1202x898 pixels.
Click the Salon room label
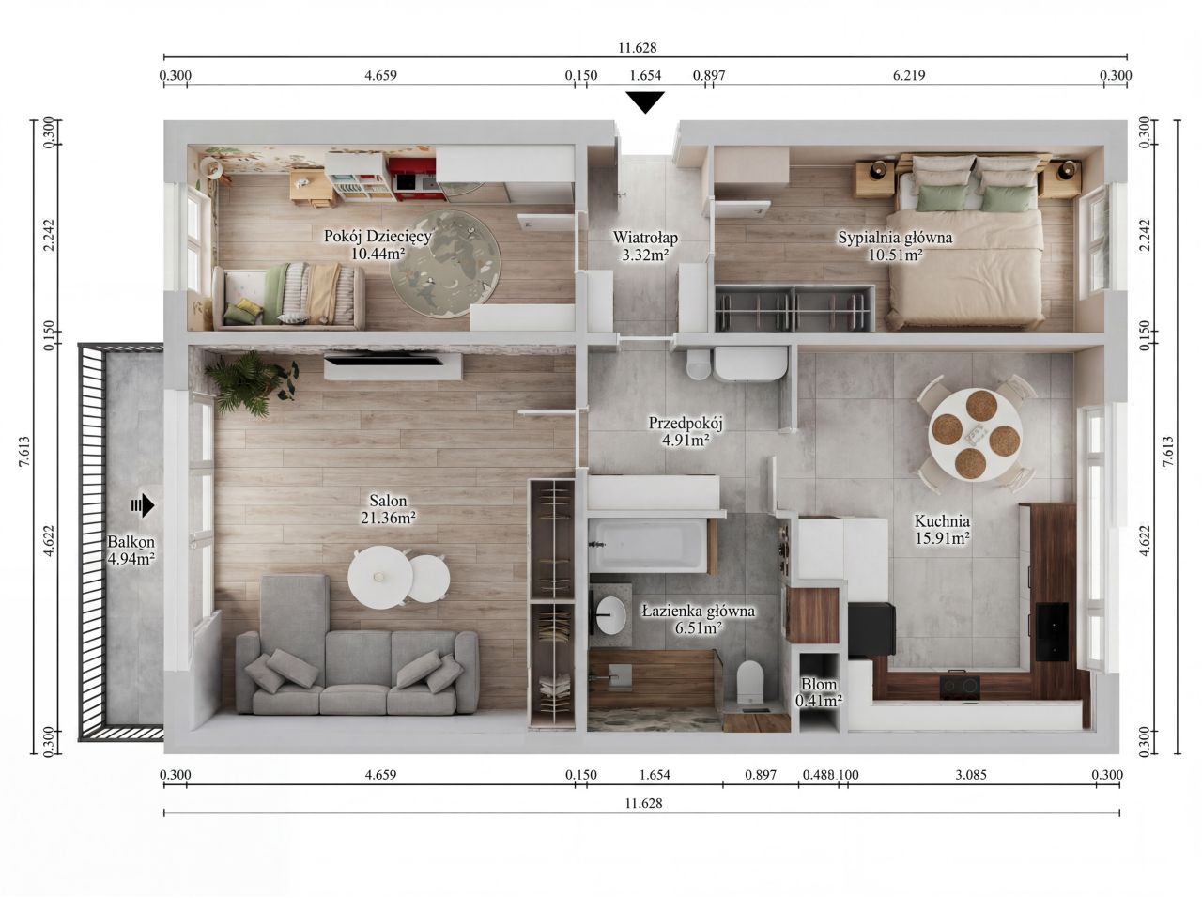point(388,509)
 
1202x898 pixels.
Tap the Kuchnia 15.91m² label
point(943,530)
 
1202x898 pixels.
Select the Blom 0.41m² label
point(819,692)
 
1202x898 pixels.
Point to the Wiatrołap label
point(645,238)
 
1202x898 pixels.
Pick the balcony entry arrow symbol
point(143,504)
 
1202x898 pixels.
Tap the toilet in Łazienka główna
point(749,682)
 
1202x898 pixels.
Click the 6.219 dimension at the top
point(909,75)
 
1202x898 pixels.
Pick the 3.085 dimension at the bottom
point(971,775)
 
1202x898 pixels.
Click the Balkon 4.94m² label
point(131,550)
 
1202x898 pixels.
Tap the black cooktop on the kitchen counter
point(960,687)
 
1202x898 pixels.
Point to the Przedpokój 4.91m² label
point(686,431)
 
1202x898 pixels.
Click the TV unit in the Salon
point(393,365)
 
